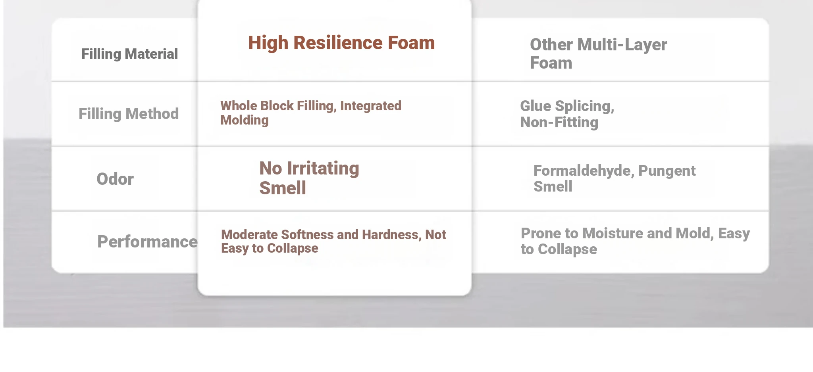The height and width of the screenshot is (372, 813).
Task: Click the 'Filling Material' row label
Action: [x=129, y=54]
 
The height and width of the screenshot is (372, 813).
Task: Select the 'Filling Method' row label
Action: [x=129, y=114]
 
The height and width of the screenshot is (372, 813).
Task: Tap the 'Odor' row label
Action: [x=115, y=179]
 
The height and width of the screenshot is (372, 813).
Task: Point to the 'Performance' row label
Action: [x=147, y=242]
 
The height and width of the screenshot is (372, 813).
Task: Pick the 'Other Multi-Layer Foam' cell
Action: [x=598, y=54]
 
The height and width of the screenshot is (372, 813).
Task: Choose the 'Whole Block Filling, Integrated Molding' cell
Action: [x=311, y=113]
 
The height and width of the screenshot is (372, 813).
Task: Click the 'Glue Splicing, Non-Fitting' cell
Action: [x=567, y=114]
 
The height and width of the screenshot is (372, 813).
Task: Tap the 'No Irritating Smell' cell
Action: [x=309, y=178]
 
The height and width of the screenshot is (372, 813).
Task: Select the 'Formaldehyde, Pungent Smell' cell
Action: [x=615, y=178]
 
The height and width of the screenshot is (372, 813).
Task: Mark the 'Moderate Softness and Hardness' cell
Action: [x=333, y=241]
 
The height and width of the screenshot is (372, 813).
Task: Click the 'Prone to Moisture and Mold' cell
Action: [x=635, y=241]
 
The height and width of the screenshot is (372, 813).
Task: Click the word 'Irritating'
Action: [x=323, y=169]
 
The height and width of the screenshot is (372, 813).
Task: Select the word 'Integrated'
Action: [x=371, y=106]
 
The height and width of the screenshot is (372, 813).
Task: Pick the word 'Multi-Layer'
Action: [x=622, y=45]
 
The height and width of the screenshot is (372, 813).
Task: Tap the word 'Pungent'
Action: [x=667, y=171]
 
